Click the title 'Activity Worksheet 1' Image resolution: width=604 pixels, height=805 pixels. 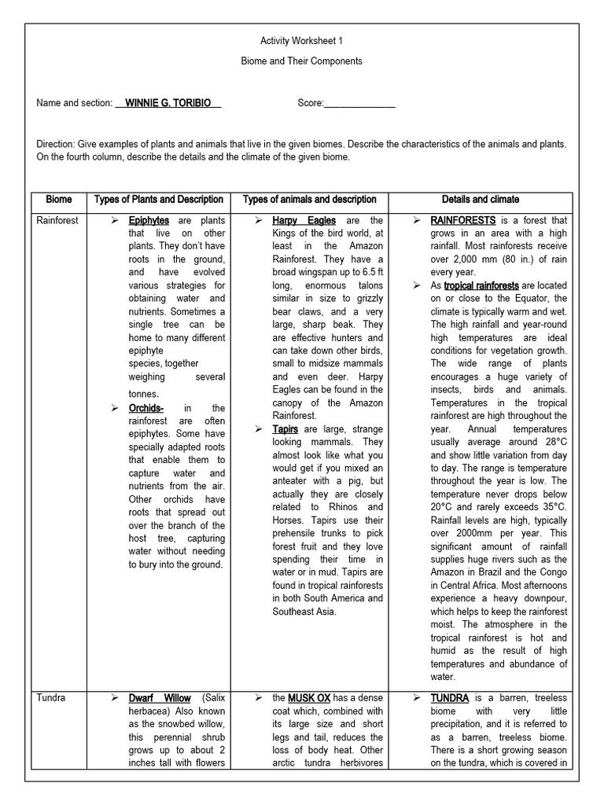coord(301,40)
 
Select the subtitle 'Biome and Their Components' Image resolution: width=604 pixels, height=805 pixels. coord(301,61)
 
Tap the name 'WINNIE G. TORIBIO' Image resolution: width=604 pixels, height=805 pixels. coord(168,103)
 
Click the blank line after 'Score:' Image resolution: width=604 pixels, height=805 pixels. coord(359,104)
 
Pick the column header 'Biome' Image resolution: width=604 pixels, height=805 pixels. coord(58,200)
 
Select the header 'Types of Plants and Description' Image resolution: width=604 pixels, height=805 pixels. coord(159,200)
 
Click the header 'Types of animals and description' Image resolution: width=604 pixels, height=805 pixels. coord(309,200)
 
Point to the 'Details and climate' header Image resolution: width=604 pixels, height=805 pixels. coord(480,200)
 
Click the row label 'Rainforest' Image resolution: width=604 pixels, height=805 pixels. coord(57,221)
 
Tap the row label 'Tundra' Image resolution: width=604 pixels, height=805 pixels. coord(51,698)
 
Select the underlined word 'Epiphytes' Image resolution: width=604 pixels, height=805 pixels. coord(149,221)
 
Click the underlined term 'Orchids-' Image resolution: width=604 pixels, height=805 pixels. coord(146,408)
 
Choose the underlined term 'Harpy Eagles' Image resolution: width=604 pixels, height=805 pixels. coord(304,221)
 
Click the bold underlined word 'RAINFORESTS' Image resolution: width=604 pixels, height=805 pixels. coord(462,221)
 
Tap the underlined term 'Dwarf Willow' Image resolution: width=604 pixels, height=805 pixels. coord(160,698)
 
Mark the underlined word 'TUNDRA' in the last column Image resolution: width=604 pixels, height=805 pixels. coord(450,698)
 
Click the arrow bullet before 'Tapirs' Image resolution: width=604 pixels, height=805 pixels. coord(260,429)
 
